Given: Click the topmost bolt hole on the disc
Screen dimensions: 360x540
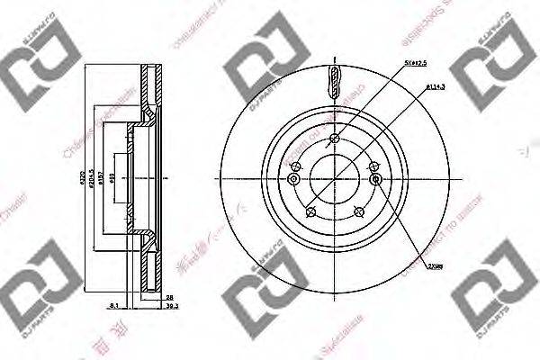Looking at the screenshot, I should click(x=334, y=138).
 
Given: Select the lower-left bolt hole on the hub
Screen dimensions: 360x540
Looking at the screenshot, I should click(x=310, y=211).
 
